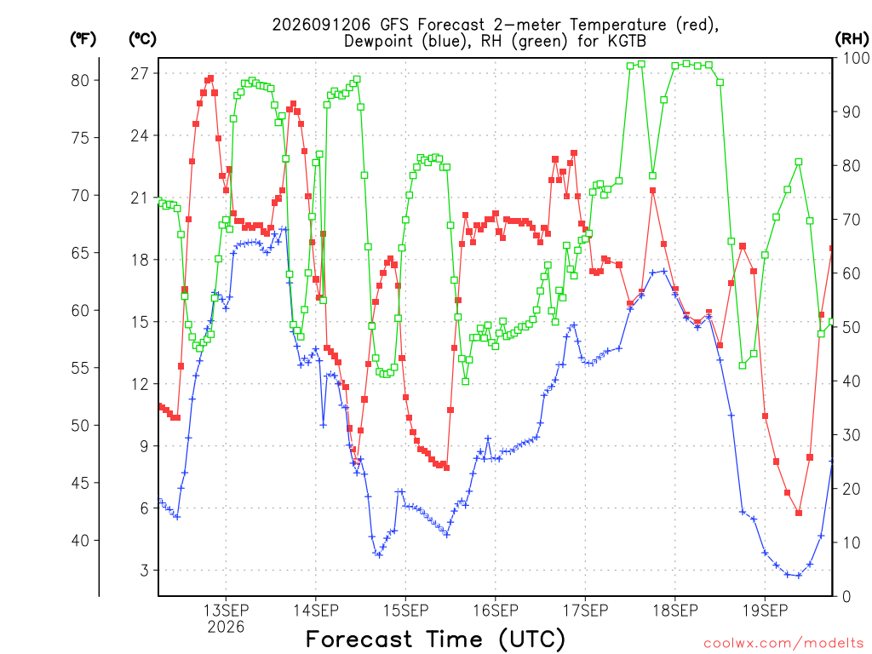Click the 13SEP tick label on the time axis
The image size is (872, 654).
click(226, 611)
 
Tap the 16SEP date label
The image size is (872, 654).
click(496, 611)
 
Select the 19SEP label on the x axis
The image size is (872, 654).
click(766, 611)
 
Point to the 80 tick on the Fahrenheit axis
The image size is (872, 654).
click(80, 80)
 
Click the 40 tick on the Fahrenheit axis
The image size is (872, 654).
click(80, 540)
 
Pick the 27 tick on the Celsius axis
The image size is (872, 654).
click(141, 73)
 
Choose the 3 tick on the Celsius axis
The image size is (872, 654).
click(145, 570)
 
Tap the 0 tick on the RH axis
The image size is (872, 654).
click(846, 596)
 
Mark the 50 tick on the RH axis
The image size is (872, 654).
click(852, 327)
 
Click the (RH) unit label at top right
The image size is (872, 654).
click(852, 38)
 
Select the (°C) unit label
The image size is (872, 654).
click(142, 38)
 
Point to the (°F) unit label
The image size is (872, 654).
click(83, 38)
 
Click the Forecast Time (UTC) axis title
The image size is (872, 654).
click(435, 639)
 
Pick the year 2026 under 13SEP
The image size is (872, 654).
click(226, 627)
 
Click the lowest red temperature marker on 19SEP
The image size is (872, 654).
click(799, 513)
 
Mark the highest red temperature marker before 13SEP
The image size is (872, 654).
click(210, 78)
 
